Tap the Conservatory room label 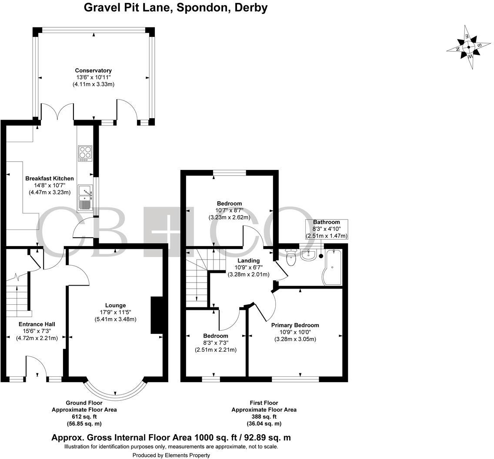tap(93, 70)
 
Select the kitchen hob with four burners tap(85, 153)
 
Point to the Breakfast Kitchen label tap(49, 179)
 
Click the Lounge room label tap(115, 305)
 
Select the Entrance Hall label tap(37, 324)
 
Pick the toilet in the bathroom tap(291, 258)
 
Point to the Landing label tap(248, 261)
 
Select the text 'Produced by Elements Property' tap(171, 455)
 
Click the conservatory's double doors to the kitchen tap(57, 111)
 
